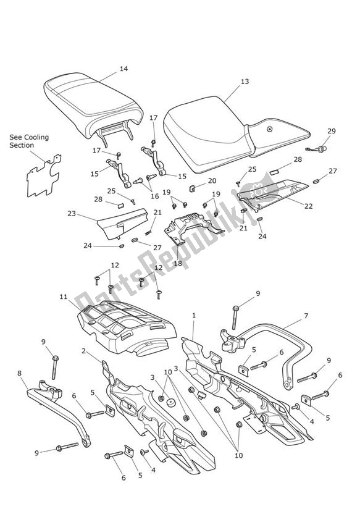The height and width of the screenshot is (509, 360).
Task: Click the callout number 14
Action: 123,69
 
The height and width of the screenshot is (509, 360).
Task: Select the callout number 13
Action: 228,81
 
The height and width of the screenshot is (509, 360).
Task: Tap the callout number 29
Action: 332,131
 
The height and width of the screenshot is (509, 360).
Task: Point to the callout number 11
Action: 64,297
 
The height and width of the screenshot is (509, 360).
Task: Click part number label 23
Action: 72,214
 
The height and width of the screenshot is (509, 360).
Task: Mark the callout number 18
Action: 178,263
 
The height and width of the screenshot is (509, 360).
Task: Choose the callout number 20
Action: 212,181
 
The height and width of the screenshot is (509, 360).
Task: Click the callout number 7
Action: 306,316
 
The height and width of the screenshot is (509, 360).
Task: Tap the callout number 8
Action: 19,372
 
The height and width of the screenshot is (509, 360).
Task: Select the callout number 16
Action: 154,196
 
